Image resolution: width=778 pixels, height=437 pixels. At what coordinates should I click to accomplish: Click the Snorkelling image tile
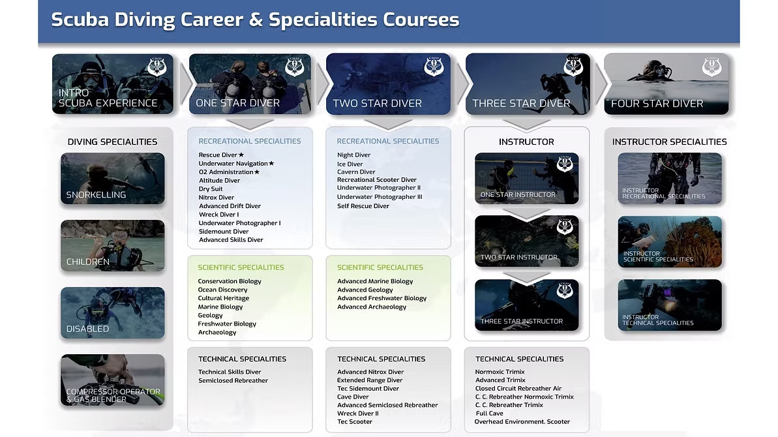click(x=113, y=179)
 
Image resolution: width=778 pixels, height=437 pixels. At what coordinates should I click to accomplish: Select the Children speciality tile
click(x=113, y=245)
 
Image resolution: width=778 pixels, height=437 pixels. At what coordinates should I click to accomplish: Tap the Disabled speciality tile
click(x=113, y=312)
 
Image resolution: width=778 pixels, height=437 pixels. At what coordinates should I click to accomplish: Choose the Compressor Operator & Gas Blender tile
click(x=113, y=380)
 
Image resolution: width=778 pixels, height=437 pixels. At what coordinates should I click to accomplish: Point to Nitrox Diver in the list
click(x=217, y=198)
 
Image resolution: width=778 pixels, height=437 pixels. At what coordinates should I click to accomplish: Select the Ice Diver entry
click(x=350, y=164)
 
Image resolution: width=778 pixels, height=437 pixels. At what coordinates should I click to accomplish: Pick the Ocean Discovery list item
click(x=222, y=290)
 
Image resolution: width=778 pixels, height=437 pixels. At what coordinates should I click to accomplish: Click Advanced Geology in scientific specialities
click(x=365, y=290)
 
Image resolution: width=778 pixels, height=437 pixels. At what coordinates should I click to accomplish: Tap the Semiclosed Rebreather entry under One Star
click(x=233, y=380)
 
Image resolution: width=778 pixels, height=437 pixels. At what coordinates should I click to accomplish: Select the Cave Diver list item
click(x=353, y=397)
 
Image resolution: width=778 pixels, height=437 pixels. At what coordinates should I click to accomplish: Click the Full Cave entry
click(x=489, y=413)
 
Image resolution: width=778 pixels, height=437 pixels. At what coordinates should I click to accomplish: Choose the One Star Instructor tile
click(x=526, y=179)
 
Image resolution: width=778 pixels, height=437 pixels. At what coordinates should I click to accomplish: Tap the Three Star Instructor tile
click(x=526, y=305)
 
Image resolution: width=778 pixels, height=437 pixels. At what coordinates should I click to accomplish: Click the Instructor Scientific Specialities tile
click(x=670, y=242)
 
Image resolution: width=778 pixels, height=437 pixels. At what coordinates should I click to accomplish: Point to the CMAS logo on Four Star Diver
click(x=711, y=67)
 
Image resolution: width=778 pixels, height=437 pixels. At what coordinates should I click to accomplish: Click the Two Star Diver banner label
click(x=377, y=103)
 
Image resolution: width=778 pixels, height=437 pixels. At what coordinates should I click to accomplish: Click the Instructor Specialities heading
click(x=669, y=142)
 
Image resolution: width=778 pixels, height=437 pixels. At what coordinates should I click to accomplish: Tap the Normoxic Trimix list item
click(x=500, y=372)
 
